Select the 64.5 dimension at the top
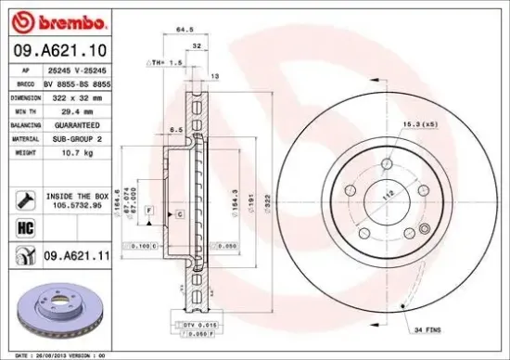pyautogui.click(x=184, y=31)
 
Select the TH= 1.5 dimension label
pyautogui.click(x=166, y=61)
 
